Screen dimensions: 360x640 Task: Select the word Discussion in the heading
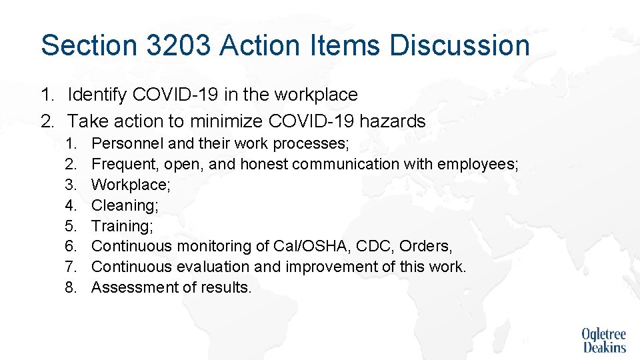[x=460, y=45]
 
